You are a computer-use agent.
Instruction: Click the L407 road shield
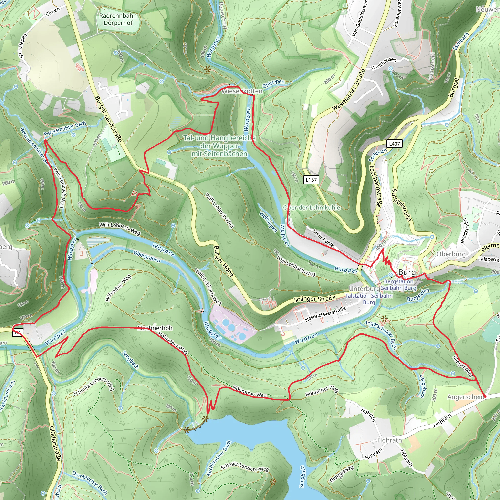pos(395,144)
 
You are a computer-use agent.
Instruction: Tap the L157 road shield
pos(311,180)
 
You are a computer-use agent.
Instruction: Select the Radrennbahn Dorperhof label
pos(118,19)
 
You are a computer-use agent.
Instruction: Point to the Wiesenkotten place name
pos(242,91)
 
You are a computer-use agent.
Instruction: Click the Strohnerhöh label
pos(155,328)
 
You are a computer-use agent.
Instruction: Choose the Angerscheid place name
pos(466,397)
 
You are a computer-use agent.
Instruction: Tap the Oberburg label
pos(451,254)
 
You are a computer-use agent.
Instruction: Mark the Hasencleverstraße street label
pos(325,314)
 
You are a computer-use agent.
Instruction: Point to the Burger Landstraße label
pos(108,119)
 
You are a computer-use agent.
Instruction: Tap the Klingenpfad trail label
pos(463,366)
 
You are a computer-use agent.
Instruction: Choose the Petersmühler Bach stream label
pos(65,129)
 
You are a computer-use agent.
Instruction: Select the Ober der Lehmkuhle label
pos(312,208)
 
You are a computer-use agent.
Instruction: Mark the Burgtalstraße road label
pos(401,205)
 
